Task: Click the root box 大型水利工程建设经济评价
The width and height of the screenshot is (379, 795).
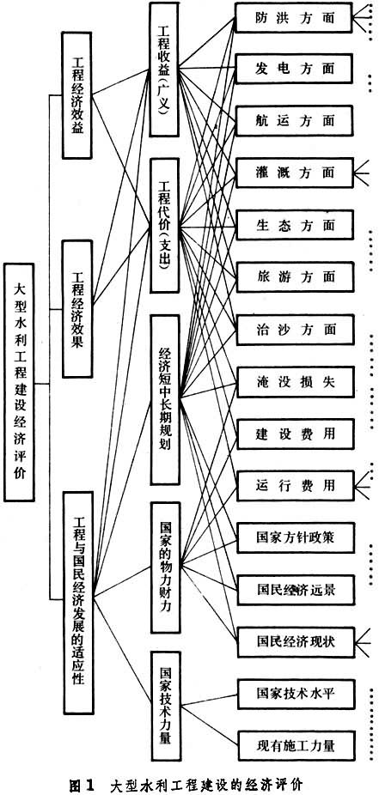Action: (x=19, y=382)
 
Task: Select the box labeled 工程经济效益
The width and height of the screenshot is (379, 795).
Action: (x=76, y=95)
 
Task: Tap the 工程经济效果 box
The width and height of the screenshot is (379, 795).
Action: (x=76, y=309)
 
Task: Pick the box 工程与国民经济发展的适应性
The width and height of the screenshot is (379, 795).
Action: (x=79, y=602)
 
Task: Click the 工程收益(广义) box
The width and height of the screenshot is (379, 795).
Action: (x=164, y=70)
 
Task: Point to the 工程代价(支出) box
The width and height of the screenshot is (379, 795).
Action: (x=165, y=225)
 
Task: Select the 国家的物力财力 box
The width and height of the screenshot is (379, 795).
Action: (x=165, y=567)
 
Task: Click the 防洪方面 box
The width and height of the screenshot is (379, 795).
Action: (x=294, y=18)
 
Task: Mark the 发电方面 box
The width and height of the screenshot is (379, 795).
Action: (x=294, y=69)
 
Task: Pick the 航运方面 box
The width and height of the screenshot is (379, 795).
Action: (x=294, y=121)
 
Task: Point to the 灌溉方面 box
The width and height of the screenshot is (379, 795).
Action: (x=294, y=173)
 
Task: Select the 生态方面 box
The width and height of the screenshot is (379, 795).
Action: (x=294, y=225)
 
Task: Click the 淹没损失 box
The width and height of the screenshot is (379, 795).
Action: (x=294, y=382)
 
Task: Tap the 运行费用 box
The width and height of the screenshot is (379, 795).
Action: (x=294, y=486)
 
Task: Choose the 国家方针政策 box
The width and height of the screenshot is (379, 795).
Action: (x=294, y=538)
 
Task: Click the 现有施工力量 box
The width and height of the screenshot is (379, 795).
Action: (x=294, y=746)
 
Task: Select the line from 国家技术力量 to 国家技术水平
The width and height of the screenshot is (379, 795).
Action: (x=209, y=700)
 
